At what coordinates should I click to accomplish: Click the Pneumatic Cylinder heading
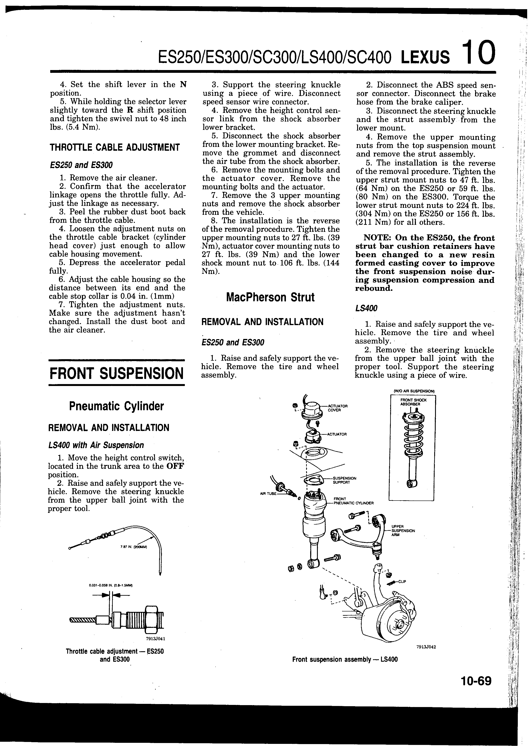click(x=116, y=406)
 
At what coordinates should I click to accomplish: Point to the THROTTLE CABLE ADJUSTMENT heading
click(x=114, y=147)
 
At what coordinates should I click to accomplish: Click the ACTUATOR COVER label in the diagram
click(x=337, y=408)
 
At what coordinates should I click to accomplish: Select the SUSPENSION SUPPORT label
click(x=344, y=480)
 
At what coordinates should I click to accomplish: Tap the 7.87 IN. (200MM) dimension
click(x=134, y=547)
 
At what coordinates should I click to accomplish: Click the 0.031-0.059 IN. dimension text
click(x=110, y=585)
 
